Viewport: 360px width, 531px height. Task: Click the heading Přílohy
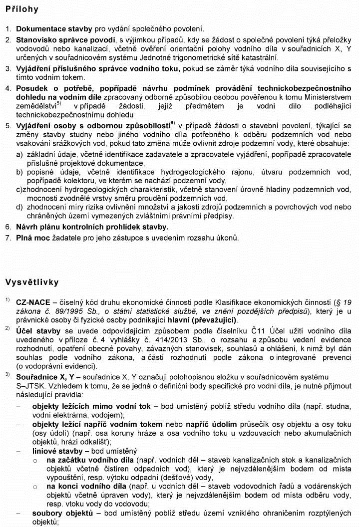(x=22, y=9)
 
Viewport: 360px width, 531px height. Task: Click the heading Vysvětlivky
(x=32, y=282)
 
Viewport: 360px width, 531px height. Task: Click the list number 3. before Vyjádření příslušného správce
(x=8, y=68)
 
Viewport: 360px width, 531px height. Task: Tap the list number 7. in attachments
(x=8, y=238)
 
